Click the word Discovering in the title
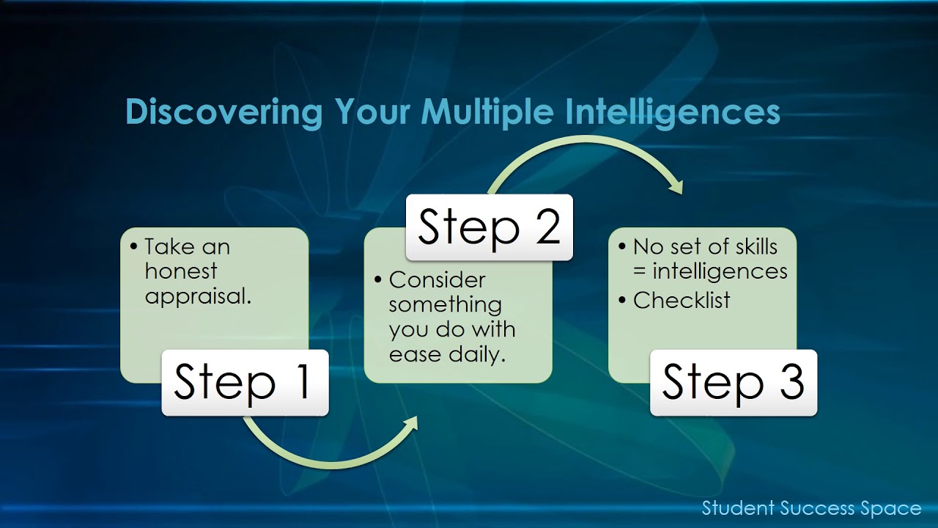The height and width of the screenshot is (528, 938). [x=224, y=112]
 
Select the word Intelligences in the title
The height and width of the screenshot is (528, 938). [x=672, y=112]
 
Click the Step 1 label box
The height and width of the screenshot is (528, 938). [x=245, y=382]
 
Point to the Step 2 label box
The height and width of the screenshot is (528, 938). [x=489, y=227]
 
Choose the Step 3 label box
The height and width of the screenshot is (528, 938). [x=733, y=382]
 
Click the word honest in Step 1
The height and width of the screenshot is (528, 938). [x=181, y=271]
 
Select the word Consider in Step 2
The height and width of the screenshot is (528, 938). [x=437, y=279]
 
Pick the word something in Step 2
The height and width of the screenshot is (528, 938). [x=445, y=304]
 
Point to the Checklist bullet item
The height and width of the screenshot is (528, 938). [x=682, y=300]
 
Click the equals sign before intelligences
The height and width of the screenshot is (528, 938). [x=640, y=272]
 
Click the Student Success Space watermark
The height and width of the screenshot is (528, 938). [x=811, y=508]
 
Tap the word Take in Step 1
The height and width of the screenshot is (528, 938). [x=167, y=246]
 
